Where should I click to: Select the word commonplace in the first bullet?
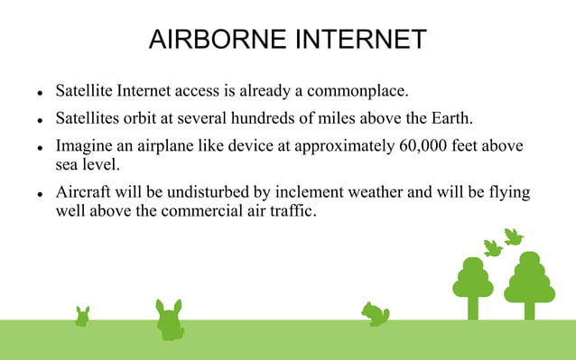(356, 92)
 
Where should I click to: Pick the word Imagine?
(86, 146)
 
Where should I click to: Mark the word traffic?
(292, 213)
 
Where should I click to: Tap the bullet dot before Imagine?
(41, 147)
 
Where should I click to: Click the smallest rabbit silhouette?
(82, 317)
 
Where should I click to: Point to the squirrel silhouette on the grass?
(375, 314)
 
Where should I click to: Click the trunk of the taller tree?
(530, 309)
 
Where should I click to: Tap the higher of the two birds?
(513, 236)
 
